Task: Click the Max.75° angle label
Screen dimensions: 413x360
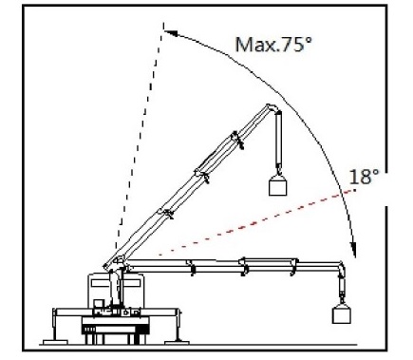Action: click(x=273, y=44)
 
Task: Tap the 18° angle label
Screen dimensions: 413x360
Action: click(x=364, y=177)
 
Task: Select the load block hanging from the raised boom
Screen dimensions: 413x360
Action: click(x=277, y=187)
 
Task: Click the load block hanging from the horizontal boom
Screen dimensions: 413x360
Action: click(x=342, y=314)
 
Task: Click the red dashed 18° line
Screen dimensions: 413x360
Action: click(x=256, y=221)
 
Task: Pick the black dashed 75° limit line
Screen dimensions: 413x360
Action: click(x=140, y=136)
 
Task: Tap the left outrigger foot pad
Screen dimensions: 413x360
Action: click(x=55, y=342)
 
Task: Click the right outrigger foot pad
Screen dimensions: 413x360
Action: click(x=177, y=342)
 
